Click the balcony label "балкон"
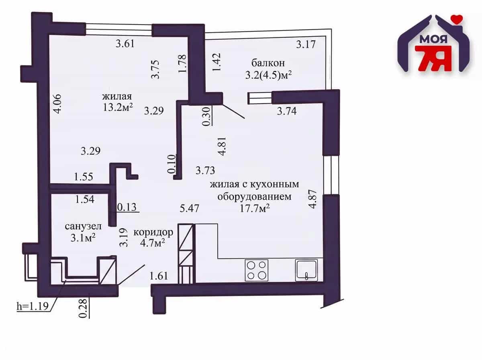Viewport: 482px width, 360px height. point(268,63)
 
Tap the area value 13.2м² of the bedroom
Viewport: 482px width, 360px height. point(118,107)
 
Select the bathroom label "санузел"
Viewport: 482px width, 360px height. point(83,226)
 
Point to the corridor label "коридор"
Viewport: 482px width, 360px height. point(153,233)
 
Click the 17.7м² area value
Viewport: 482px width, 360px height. point(255,208)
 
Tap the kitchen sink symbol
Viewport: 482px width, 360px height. point(306,270)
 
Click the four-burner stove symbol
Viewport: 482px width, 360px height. point(257,270)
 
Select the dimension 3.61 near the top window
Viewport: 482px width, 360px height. point(125,43)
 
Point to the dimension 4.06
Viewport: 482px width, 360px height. point(57,104)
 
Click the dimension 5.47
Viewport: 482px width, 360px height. point(189,208)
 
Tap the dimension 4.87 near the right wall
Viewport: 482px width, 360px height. point(312,199)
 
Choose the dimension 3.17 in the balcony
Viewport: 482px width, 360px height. point(306,44)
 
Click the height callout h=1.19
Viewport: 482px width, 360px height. point(33,306)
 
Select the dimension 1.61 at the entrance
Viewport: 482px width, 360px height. point(159,276)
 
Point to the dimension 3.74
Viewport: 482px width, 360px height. point(286,111)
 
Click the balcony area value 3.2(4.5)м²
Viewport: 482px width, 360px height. point(268,76)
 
